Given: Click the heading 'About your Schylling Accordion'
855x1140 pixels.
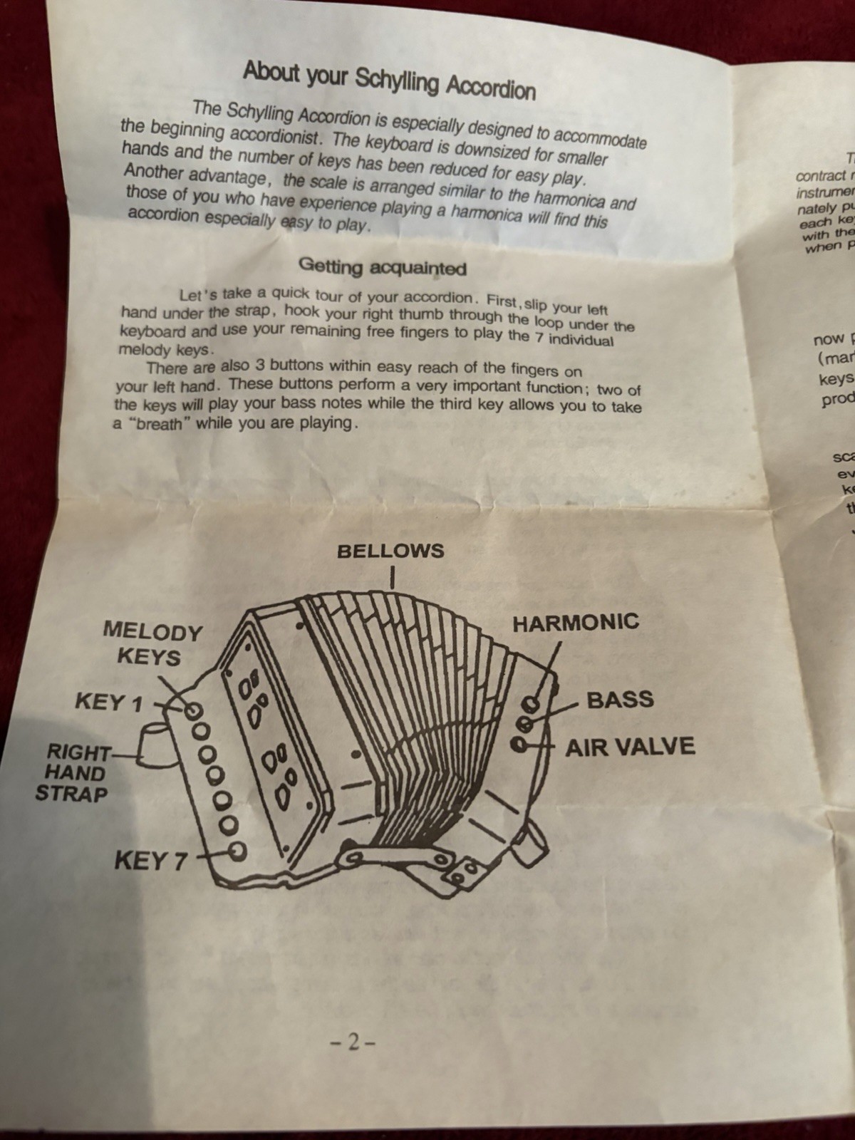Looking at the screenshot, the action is coord(388,81).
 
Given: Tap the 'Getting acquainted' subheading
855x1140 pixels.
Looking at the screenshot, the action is coord(383,267).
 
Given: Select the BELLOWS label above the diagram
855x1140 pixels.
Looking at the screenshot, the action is coord(390,551).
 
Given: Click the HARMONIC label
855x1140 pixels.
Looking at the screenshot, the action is coord(576,623).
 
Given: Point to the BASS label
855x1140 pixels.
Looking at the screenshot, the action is coord(620,699).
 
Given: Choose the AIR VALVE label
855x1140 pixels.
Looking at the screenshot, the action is coord(630,747).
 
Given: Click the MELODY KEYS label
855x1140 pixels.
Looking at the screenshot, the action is coord(152,643).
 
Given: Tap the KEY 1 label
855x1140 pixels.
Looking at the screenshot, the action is coord(108,703).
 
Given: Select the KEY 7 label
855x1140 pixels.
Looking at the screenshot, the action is coord(150,861).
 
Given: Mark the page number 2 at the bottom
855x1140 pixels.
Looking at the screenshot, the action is coord(352,1043).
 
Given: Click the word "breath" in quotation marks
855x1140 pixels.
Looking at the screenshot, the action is coord(152,422).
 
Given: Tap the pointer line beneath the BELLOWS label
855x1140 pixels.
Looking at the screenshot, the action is coord(392,576).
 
